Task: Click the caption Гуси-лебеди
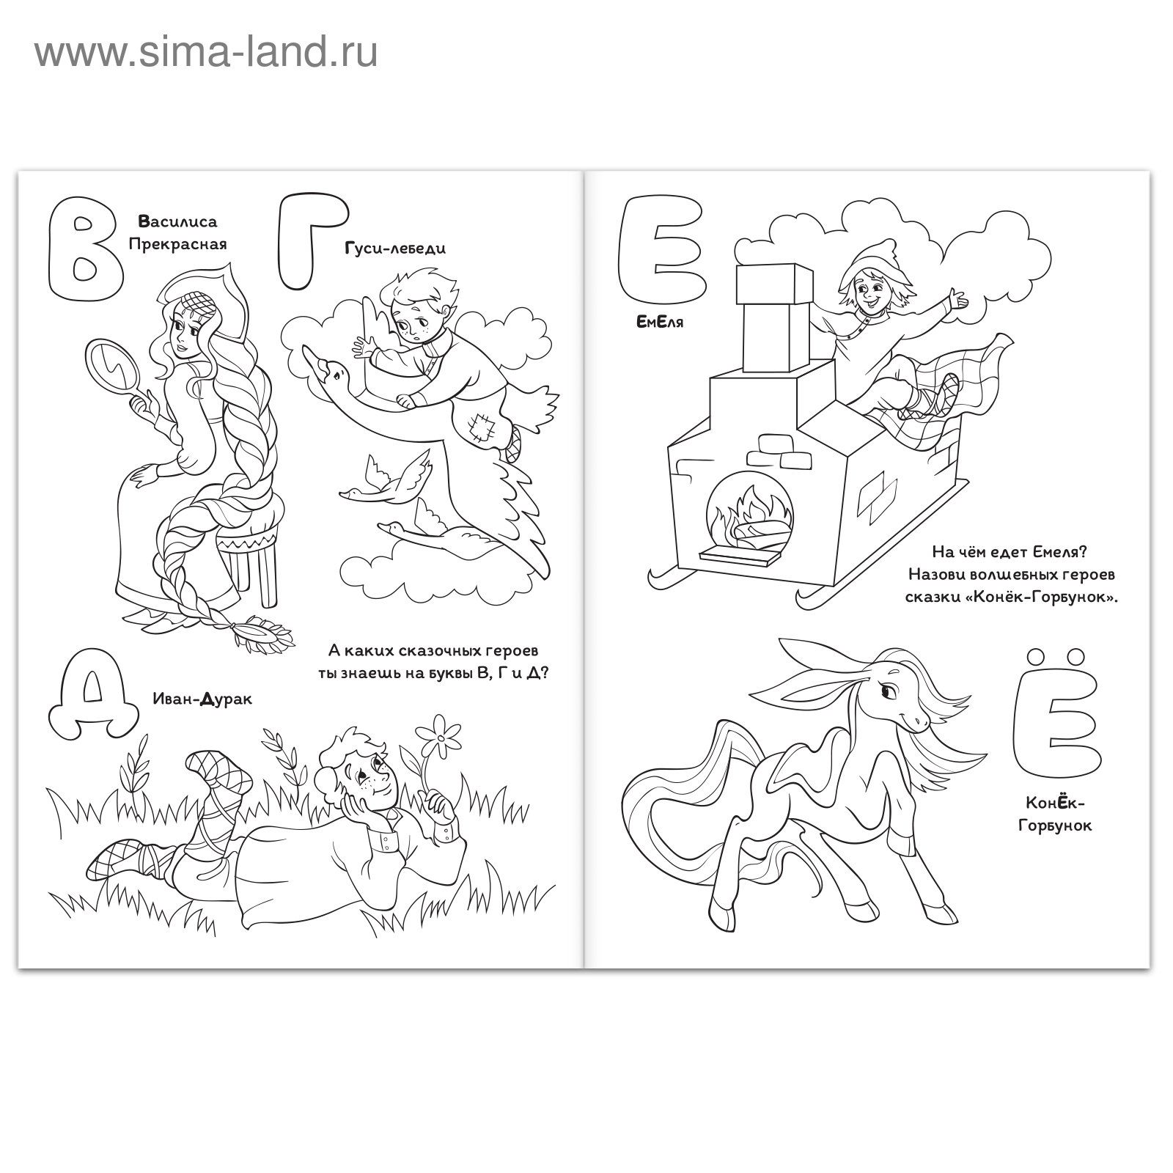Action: coord(395,249)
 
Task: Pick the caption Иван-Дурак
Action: coord(202,699)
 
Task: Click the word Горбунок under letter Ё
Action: coord(1055,825)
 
